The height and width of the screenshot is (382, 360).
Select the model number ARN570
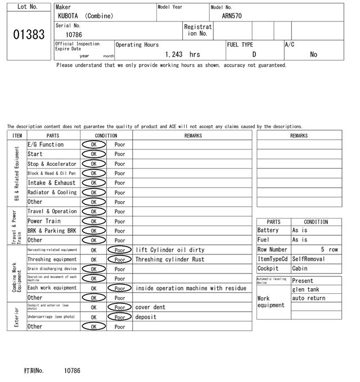pyautogui.click(x=232, y=16)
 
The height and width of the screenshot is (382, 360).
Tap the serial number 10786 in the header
pyautogui.click(x=74, y=35)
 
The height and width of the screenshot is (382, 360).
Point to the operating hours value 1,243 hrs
pyautogui.click(x=183, y=54)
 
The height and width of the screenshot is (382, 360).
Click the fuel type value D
pyautogui.click(x=254, y=54)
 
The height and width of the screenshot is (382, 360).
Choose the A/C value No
pyautogui.click(x=313, y=54)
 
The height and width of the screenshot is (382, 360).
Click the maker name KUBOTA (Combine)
pyautogui.click(x=85, y=16)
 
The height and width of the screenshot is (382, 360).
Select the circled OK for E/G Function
pyautogui.click(x=93, y=144)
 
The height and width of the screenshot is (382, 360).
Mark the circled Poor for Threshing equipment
pyautogui.click(x=119, y=260)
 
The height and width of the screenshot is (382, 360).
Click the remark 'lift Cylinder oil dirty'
pyautogui.click(x=170, y=250)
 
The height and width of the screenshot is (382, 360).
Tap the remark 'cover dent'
pyautogui.click(x=150, y=308)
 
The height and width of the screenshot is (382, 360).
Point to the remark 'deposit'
pyautogui.click(x=146, y=317)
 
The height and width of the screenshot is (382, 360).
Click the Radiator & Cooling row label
pyautogui.click(x=52, y=192)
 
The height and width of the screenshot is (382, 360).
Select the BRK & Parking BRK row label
pyautogui.click(x=52, y=231)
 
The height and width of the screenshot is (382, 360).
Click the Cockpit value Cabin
pyautogui.click(x=300, y=269)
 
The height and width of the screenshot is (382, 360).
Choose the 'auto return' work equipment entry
pyautogui.click(x=308, y=298)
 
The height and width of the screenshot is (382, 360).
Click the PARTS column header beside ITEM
pyautogui.click(x=53, y=135)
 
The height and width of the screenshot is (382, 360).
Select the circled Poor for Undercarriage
pyautogui.click(x=119, y=317)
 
